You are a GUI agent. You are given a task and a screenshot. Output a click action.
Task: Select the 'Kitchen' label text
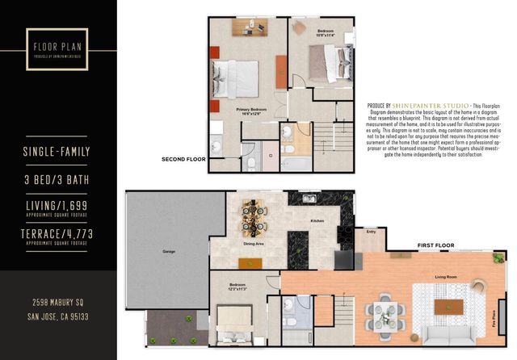317,220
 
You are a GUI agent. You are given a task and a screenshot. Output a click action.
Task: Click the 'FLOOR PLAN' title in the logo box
57,36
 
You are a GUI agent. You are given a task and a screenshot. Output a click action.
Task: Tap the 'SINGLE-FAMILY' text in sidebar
58,152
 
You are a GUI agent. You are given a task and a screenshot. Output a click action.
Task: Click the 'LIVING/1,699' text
58,206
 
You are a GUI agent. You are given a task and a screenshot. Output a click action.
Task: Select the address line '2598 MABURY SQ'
58,303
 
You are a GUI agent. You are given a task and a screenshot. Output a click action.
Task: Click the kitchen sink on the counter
309,199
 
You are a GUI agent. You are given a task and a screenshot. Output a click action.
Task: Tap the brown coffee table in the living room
445,306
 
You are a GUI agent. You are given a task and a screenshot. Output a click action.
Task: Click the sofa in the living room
448,336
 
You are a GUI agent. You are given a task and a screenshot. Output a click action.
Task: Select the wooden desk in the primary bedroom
250,27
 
